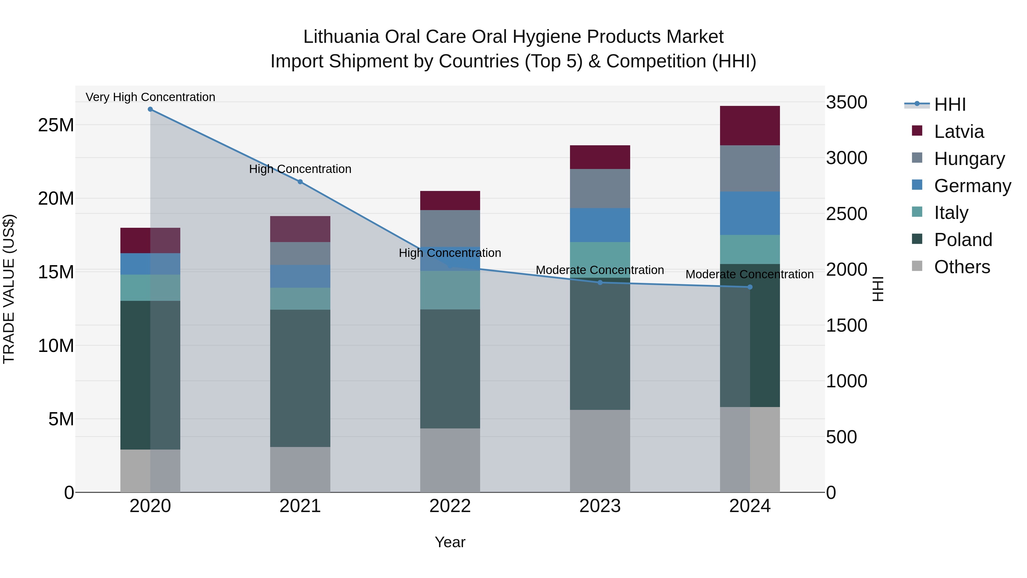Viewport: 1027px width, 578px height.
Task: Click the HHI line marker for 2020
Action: [150, 109]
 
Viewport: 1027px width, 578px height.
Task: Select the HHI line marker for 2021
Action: [300, 182]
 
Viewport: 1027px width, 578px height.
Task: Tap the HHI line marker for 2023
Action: [600, 282]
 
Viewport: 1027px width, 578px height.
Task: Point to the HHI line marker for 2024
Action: [750, 287]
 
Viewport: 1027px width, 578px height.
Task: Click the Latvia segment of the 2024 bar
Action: [750, 126]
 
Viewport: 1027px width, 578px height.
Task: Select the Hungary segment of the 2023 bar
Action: [600, 188]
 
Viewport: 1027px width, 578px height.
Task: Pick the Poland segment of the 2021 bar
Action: [300, 378]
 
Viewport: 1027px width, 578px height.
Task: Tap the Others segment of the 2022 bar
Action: [450, 460]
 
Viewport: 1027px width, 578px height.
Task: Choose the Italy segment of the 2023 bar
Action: [600, 259]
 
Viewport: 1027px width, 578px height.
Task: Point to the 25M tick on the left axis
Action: [56, 125]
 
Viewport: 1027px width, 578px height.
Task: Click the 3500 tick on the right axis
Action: [846, 102]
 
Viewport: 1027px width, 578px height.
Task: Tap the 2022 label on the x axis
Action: [450, 506]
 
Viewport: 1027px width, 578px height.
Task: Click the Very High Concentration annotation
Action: [150, 97]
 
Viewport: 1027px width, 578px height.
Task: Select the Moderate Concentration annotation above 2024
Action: [749, 274]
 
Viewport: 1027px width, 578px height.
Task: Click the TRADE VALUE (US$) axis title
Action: [9, 289]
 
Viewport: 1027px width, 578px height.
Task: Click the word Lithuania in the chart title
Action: [341, 37]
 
